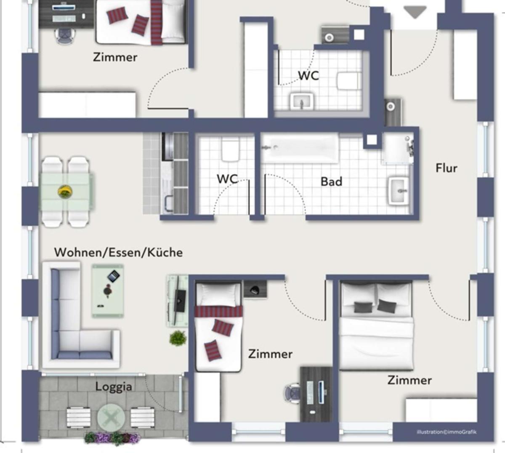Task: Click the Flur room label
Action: [446, 168]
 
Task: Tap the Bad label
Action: [331, 181]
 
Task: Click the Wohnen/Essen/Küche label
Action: [118, 253]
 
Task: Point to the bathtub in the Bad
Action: [300, 148]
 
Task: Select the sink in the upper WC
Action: [302, 101]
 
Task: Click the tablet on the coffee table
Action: [113, 277]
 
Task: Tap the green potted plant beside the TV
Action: [178, 338]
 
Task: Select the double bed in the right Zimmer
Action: [377, 325]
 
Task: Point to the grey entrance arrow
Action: [415, 12]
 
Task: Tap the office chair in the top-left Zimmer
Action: [66, 36]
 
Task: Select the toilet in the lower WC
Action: [230, 150]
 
